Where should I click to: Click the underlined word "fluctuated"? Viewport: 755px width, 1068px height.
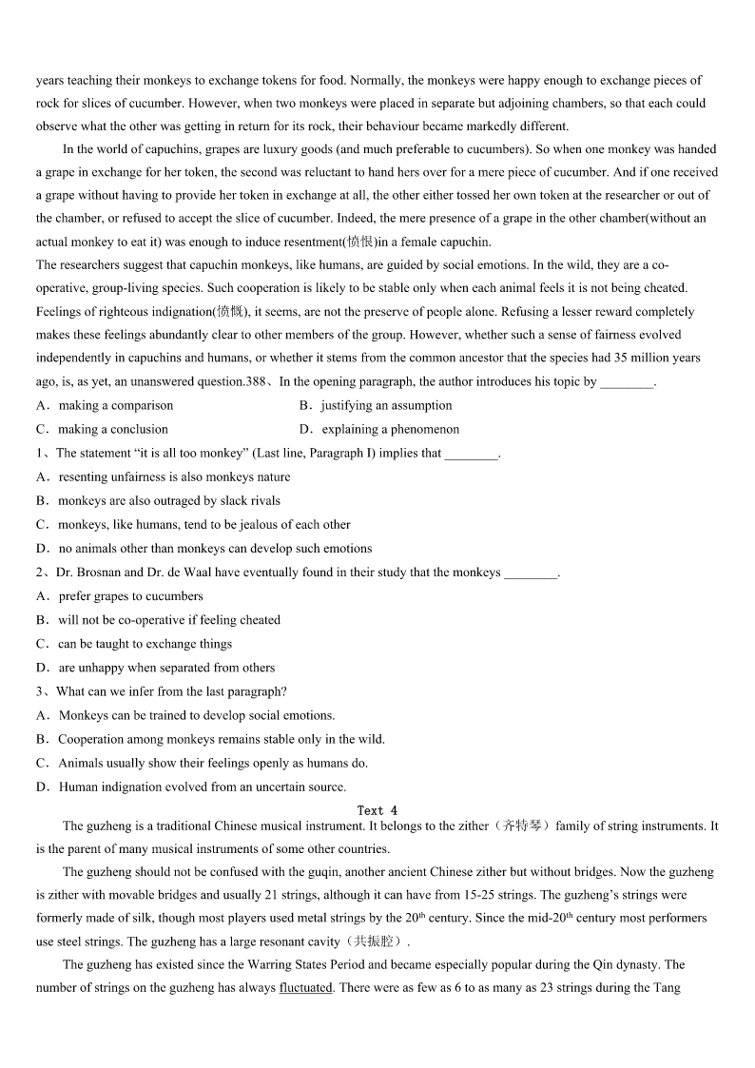305,988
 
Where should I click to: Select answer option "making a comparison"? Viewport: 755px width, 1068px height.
115,406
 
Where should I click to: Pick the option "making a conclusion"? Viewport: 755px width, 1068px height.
112,430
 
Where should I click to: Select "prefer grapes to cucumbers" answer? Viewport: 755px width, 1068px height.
130,596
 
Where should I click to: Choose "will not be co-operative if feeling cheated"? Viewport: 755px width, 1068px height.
168,620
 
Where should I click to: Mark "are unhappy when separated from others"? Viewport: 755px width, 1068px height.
166,668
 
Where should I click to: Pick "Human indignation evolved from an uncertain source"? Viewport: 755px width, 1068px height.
202,786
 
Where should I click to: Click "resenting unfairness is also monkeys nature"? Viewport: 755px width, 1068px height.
174,477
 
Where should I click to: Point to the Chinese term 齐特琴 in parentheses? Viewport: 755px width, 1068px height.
522,826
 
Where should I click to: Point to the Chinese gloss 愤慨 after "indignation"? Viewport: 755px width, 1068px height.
229,311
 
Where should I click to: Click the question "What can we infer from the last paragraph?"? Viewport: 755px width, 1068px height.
171,691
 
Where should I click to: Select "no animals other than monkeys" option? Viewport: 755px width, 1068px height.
215,549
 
